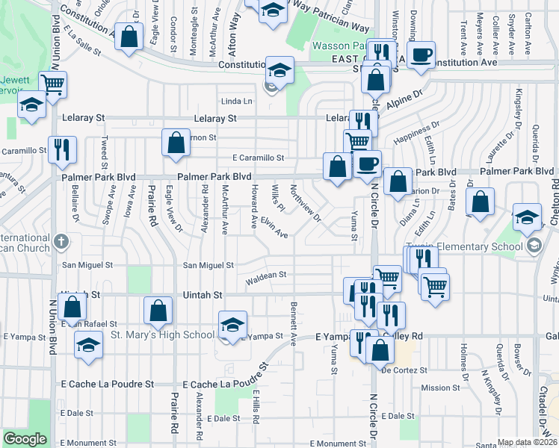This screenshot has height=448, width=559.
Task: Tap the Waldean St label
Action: pyautogui.click(x=266, y=276)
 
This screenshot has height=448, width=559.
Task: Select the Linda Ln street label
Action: pyautogui.click(x=237, y=102)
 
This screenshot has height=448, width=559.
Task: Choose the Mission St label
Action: pyautogui.click(x=440, y=388)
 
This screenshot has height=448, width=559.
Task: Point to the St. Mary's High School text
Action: pyautogui.click(x=162, y=334)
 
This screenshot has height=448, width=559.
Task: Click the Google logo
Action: pyautogui.click(x=25, y=439)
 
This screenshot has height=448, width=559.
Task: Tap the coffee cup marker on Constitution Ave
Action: pyautogui.click(x=421, y=55)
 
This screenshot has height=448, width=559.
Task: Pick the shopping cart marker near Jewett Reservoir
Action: pyautogui.click(x=53, y=84)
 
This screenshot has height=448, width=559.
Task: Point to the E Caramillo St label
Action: pyautogui.click(x=258, y=158)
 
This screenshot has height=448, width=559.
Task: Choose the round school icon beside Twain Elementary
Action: pyautogui.click(x=534, y=246)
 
